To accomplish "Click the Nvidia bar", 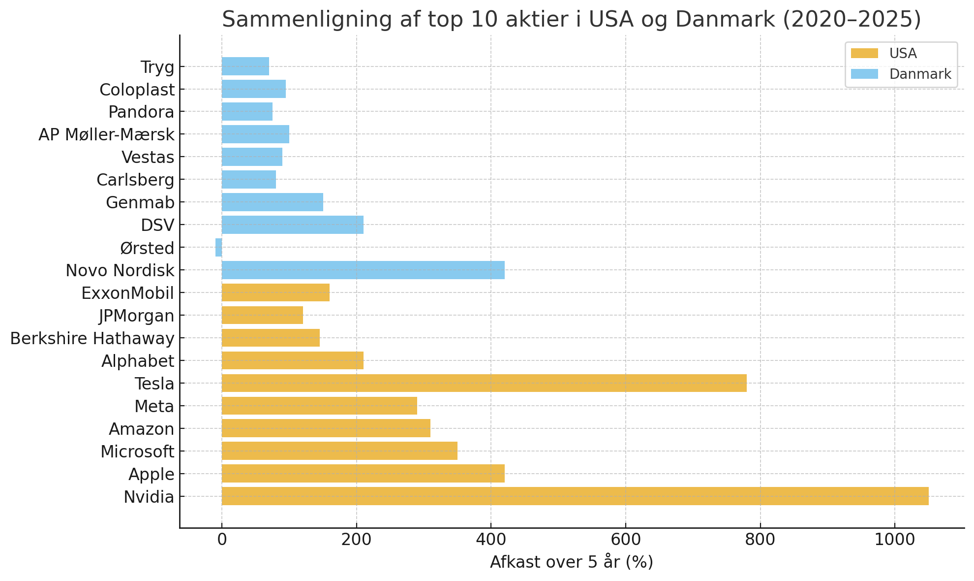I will [x=575, y=496].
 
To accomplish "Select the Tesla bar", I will [x=484, y=383].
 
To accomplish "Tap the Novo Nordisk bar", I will [x=363, y=270].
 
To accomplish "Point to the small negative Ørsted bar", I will [x=219, y=248].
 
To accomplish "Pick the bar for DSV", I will [x=293, y=225].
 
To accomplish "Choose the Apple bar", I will [x=363, y=474].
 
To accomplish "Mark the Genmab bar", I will [x=273, y=202].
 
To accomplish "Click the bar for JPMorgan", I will [x=262, y=315].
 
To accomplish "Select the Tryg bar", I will [x=245, y=66].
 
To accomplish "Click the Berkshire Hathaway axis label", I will [x=92, y=339].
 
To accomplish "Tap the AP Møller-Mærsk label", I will [x=106, y=134].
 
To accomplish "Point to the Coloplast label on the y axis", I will [x=137, y=90].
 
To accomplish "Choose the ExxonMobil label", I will [x=127, y=293].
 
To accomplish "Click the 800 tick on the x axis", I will [x=760, y=540].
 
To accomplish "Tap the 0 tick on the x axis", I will [x=222, y=540].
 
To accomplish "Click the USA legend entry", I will [x=903, y=53].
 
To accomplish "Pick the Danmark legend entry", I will [x=920, y=74].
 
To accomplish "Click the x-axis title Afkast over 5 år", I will [x=571, y=562].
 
